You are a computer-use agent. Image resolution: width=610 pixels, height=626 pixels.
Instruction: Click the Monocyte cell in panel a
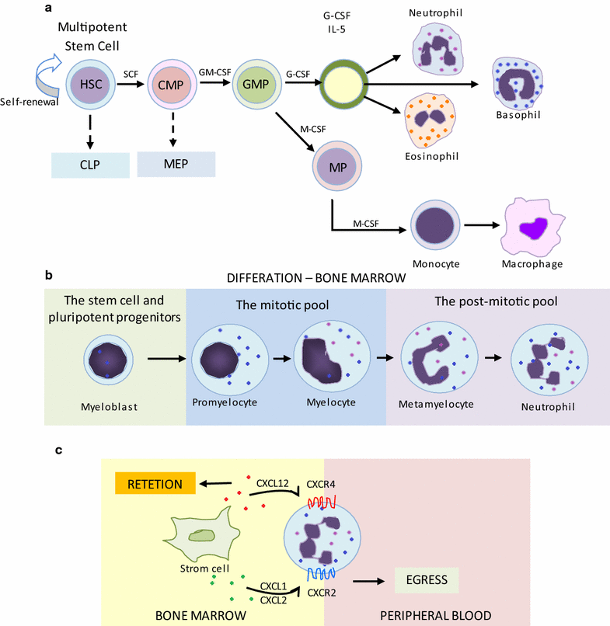[x=434, y=228]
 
